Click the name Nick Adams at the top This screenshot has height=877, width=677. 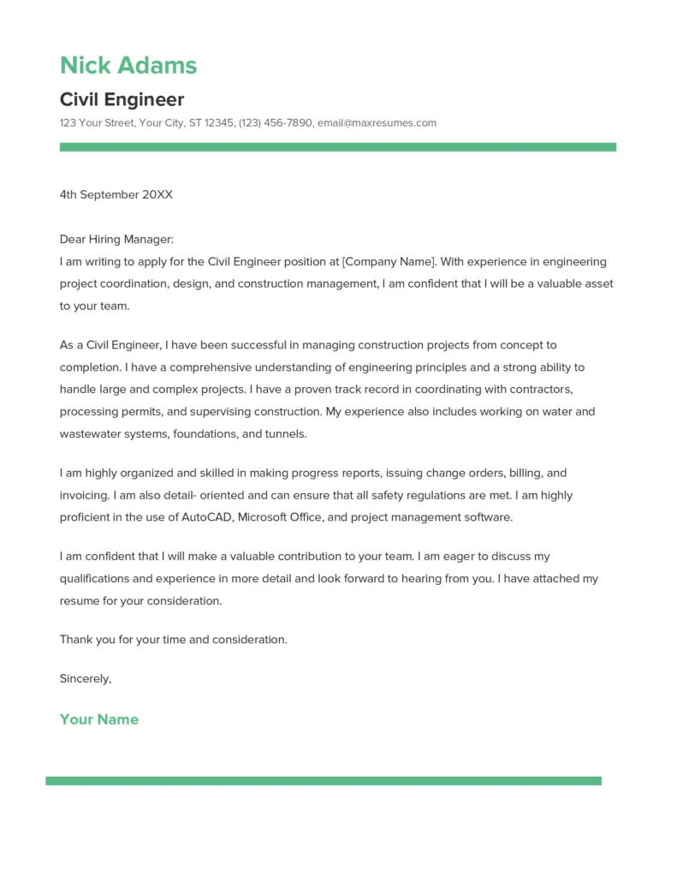[128, 65]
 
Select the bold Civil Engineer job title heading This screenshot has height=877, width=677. [122, 99]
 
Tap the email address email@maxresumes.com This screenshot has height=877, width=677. [377, 123]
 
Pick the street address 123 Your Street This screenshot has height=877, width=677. [97, 123]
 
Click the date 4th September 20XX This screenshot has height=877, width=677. [116, 194]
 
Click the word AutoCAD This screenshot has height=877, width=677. [207, 517]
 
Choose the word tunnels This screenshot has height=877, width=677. [285, 434]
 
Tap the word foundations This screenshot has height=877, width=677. [205, 434]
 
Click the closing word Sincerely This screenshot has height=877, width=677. [85, 678]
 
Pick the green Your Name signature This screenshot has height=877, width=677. [98, 719]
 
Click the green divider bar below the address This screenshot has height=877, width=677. [337, 147]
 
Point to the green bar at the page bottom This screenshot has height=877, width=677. [324, 780]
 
